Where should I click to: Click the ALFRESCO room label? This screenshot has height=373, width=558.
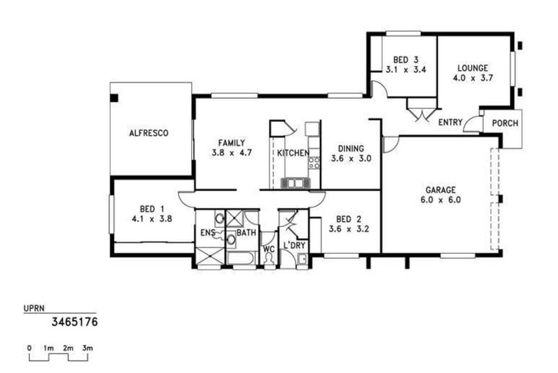[149, 133]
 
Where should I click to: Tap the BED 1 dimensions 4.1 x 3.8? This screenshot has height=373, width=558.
[152, 219]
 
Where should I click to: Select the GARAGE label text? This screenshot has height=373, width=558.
[441, 190]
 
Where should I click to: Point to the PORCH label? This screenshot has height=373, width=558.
[505, 123]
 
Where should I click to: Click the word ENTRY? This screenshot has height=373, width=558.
[450, 122]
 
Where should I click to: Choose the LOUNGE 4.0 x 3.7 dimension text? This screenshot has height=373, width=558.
[473, 78]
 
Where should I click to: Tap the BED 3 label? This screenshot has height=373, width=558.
[406, 60]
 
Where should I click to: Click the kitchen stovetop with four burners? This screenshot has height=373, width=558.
[314, 163]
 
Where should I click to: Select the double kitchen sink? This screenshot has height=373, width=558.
[296, 183]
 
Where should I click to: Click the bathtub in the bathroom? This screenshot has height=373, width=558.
[241, 258]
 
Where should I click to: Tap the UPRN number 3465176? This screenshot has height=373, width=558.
[74, 322]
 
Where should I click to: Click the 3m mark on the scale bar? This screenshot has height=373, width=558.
[87, 348]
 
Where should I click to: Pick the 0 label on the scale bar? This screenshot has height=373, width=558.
[29, 348]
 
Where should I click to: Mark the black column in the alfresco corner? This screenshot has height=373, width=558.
[114, 98]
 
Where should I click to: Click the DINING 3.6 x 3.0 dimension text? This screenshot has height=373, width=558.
[351, 158]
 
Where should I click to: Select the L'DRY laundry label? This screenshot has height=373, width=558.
[294, 245]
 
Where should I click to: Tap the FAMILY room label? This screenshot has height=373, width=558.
[232, 143]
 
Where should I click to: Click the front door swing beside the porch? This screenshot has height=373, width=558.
[471, 124]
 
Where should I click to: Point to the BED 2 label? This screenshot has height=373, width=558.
[349, 219]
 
